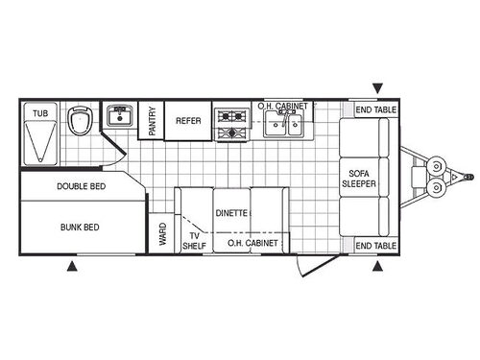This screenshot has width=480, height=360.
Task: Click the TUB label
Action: (x=39, y=113)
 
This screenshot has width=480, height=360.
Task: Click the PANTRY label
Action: (x=153, y=121)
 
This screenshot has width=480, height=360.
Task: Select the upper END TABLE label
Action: (x=375, y=109)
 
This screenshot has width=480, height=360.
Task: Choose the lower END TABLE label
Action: (x=375, y=246)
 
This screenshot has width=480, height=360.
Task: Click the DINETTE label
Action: (x=232, y=212)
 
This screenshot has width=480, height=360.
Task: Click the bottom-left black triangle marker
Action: (x=73, y=266)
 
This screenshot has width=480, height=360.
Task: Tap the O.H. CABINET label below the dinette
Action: (x=252, y=244)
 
